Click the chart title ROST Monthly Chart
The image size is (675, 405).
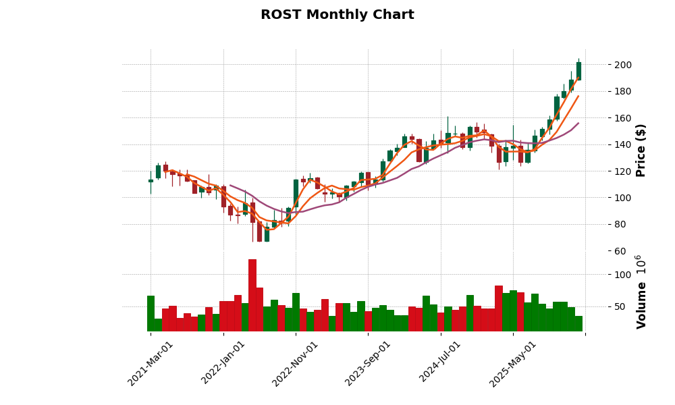coord(337,15)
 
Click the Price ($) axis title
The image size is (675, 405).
coord(641,150)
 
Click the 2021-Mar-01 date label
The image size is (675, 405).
coord(151,363)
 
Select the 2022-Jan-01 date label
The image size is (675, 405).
coord(223,363)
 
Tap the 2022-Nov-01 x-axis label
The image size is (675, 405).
coord(296,363)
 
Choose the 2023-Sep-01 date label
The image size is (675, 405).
coord(368,363)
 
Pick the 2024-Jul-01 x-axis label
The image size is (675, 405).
coord(441,363)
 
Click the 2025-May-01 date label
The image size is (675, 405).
coord(513,363)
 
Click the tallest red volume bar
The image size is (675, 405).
coord(252,295)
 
